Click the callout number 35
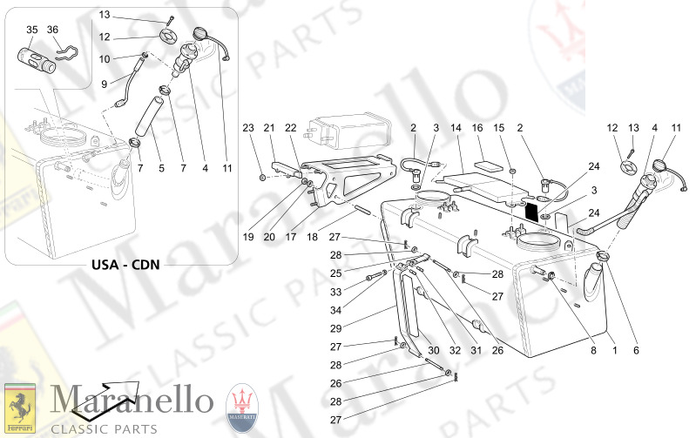click(x=31, y=30)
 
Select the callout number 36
click(x=53, y=30)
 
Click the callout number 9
click(x=104, y=84)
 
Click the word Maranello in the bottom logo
click(x=131, y=400)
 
